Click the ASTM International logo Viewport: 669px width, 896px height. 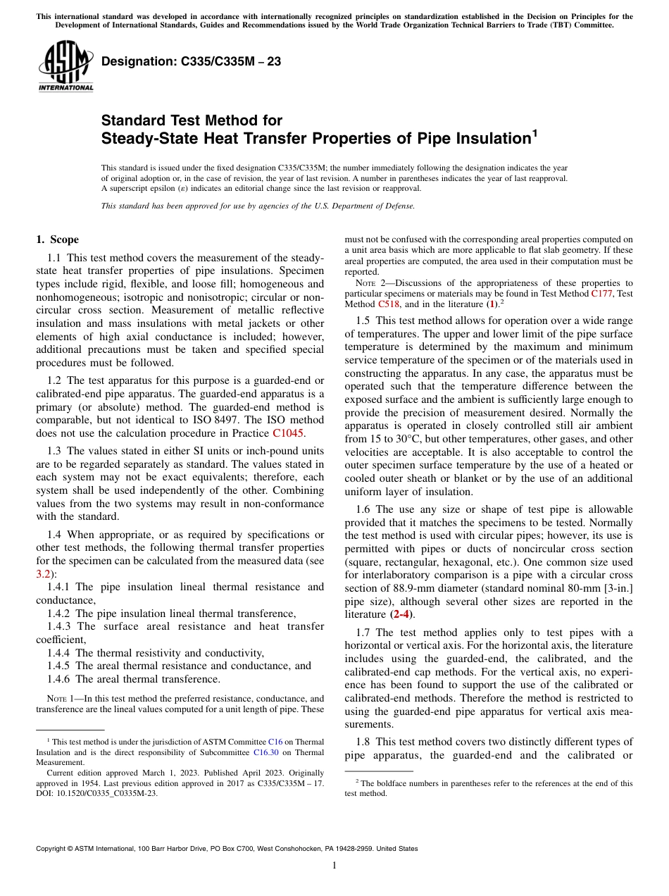click(x=65, y=66)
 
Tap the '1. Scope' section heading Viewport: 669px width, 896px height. click(x=58, y=239)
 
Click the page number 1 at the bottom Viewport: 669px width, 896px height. click(x=334, y=866)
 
